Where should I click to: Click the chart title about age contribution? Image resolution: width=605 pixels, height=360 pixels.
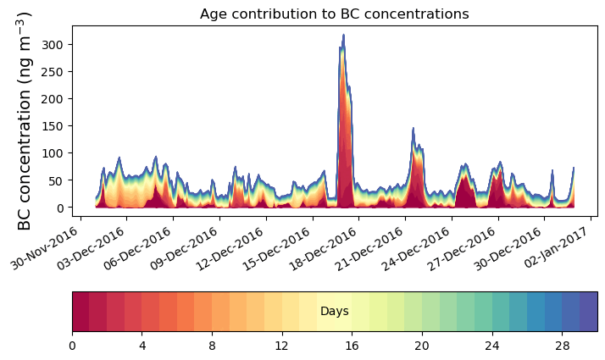pos(334,14)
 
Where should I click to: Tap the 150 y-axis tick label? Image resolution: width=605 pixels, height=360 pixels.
pos(56,125)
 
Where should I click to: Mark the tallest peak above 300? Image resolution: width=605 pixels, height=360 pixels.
pos(343,36)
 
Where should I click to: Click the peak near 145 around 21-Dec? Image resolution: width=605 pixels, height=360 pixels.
pos(413,129)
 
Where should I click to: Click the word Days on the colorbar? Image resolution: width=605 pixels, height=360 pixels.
pos(334,312)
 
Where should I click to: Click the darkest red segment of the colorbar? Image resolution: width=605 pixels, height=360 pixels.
pos(80,312)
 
